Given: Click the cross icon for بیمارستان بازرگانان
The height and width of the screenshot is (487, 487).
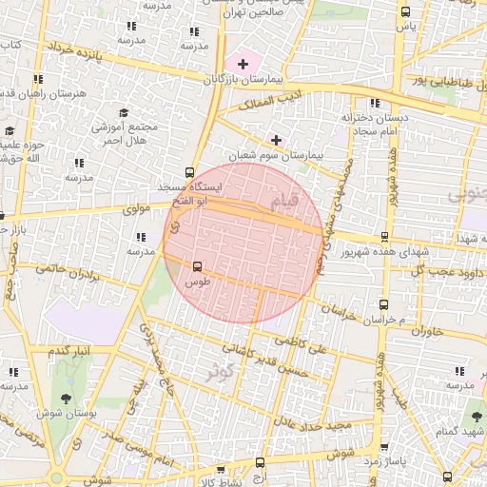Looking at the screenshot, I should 243,65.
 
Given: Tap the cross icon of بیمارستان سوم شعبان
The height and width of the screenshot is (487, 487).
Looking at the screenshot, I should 277,140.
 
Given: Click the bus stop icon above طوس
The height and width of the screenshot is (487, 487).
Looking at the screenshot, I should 198,267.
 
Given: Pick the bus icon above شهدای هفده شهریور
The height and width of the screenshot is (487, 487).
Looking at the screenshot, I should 384,238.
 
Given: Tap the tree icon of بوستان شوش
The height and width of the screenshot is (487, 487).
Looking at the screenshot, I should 65,399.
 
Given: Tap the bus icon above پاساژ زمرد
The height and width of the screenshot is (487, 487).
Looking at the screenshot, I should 384,447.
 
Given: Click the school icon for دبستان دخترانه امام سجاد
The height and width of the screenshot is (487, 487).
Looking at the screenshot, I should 375,103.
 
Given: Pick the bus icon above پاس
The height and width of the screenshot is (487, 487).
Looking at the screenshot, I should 406,12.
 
